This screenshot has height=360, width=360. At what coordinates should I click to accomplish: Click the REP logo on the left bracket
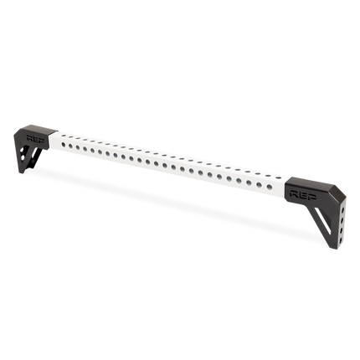(x=36, y=133)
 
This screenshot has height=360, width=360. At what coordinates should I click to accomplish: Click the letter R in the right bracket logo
(x=294, y=190)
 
